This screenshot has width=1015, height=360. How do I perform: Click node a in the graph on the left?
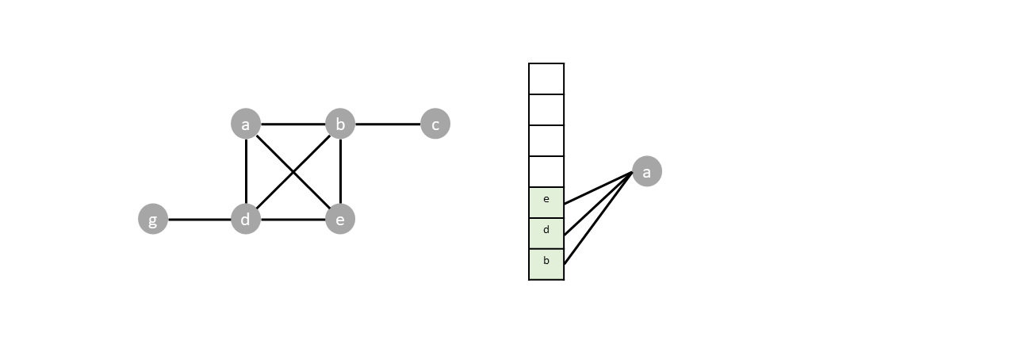click(x=246, y=124)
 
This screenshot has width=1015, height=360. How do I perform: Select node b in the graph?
click(x=340, y=124)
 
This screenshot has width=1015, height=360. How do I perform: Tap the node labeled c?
click(x=435, y=124)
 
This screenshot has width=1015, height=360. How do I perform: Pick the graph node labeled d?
click(x=246, y=219)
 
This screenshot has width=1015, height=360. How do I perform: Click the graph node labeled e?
click(x=340, y=219)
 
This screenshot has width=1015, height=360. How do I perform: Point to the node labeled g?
click(x=153, y=219)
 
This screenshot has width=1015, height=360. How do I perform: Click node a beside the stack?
click(x=646, y=171)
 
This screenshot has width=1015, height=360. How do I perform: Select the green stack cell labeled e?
click(x=546, y=202)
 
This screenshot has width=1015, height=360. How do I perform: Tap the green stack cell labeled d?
click(x=546, y=233)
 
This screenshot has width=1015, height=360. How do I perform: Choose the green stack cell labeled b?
click(x=546, y=264)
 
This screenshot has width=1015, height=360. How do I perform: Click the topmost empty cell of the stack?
click(x=546, y=79)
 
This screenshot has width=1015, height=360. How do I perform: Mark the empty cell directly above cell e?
click(x=546, y=171)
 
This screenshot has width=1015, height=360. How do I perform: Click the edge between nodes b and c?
click(x=388, y=124)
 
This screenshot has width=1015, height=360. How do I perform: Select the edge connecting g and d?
click(x=199, y=219)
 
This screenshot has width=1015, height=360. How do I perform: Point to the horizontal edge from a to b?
click(x=293, y=124)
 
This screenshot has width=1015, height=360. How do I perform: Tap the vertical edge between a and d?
click(x=246, y=171)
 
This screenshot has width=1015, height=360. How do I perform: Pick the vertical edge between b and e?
click(x=340, y=171)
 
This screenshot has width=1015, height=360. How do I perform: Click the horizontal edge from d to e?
click(x=293, y=219)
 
